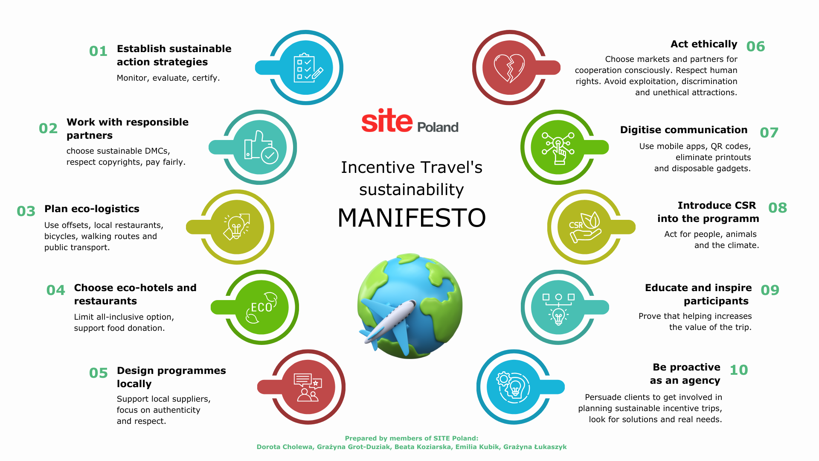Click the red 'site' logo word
click(386, 121)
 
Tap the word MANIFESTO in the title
click(412, 218)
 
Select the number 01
click(98, 51)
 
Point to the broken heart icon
click(509, 68)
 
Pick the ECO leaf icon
click(261, 307)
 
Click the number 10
click(739, 370)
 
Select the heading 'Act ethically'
click(704, 44)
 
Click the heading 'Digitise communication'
click(684, 130)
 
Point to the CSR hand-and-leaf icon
click(585, 227)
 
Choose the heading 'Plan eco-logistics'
click(92, 209)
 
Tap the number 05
click(98, 373)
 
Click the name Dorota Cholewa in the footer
click(285, 447)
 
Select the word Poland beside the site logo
click(438, 127)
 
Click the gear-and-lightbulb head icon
click(513, 387)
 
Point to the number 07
click(769, 133)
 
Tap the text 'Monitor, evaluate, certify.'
click(168, 78)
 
